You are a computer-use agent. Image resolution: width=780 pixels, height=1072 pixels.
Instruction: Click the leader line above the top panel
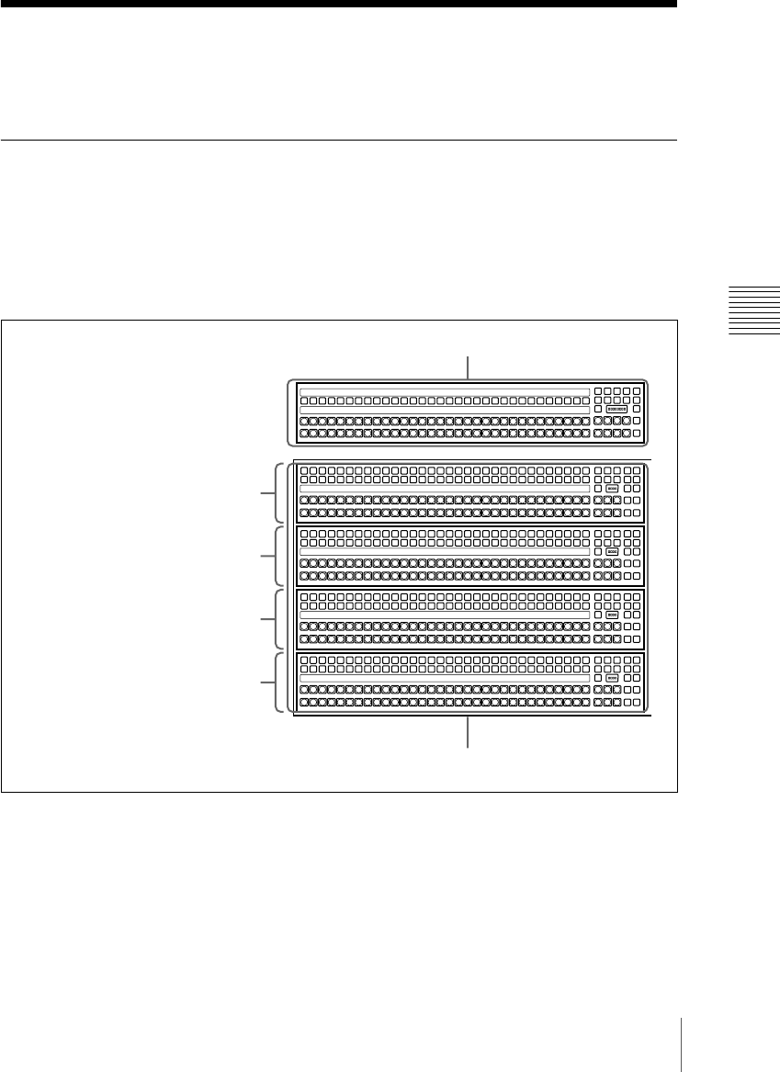(469, 367)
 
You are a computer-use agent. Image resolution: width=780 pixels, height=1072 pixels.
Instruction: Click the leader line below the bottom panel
(469, 733)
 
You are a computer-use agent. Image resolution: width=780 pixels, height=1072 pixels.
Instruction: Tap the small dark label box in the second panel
(613, 490)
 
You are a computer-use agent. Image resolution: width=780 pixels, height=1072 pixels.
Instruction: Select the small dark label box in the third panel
(613, 552)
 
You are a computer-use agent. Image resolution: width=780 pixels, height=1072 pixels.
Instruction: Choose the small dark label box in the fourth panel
(613, 615)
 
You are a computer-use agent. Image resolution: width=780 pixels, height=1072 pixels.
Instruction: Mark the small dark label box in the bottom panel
(613, 678)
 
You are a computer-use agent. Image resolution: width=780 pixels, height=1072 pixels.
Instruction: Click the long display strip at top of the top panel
(444, 392)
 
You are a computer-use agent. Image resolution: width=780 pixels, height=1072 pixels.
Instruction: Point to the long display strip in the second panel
(444, 490)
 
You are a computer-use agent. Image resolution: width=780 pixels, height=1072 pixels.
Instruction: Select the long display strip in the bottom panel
(444, 678)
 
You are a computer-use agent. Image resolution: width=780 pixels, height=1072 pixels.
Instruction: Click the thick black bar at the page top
(338, 4)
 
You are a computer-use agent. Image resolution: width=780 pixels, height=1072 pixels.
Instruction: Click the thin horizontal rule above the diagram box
(338, 141)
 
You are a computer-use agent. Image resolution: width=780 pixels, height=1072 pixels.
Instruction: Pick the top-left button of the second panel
(304, 469)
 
